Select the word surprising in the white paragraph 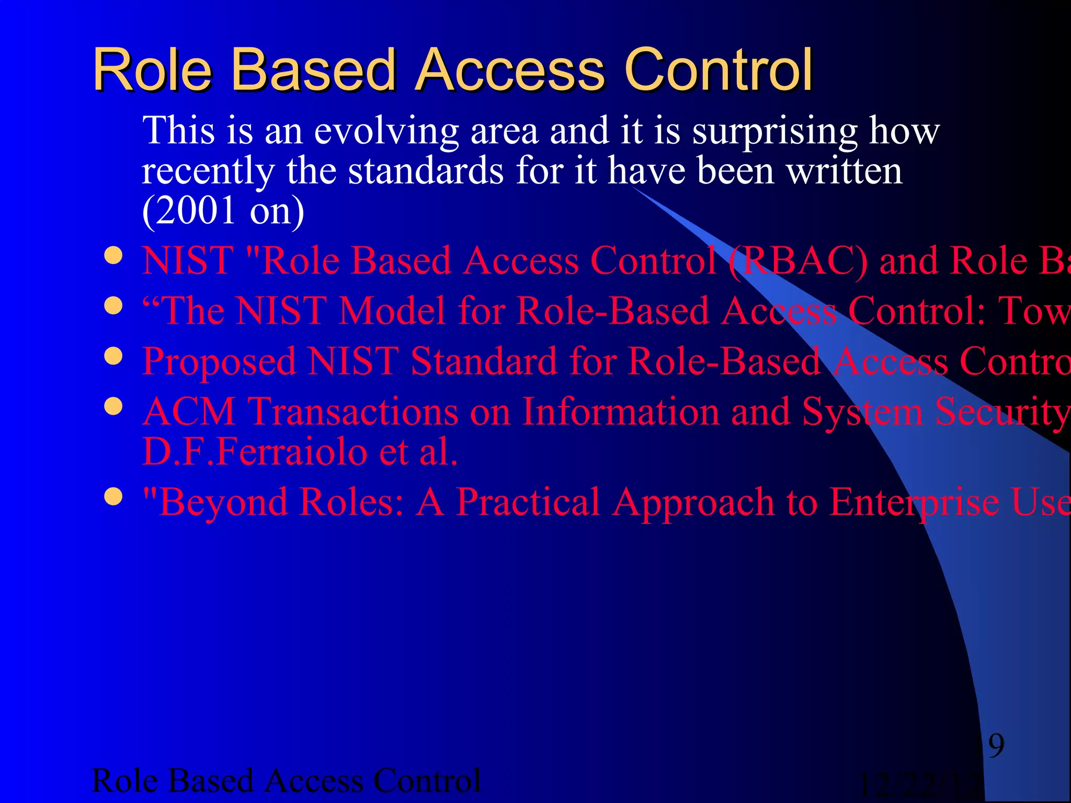tap(774, 132)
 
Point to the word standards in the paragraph tap(426, 171)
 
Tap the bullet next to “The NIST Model tap(113, 306)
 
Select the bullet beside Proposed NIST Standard tap(113, 357)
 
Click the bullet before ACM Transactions tap(113, 406)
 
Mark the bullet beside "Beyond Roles tap(113, 496)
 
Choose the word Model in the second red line tap(392, 311)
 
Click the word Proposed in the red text tap(219, 362)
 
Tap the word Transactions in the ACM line tap(353, 411)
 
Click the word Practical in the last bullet tap(528, 502)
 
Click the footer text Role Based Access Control tap(286, 781)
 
